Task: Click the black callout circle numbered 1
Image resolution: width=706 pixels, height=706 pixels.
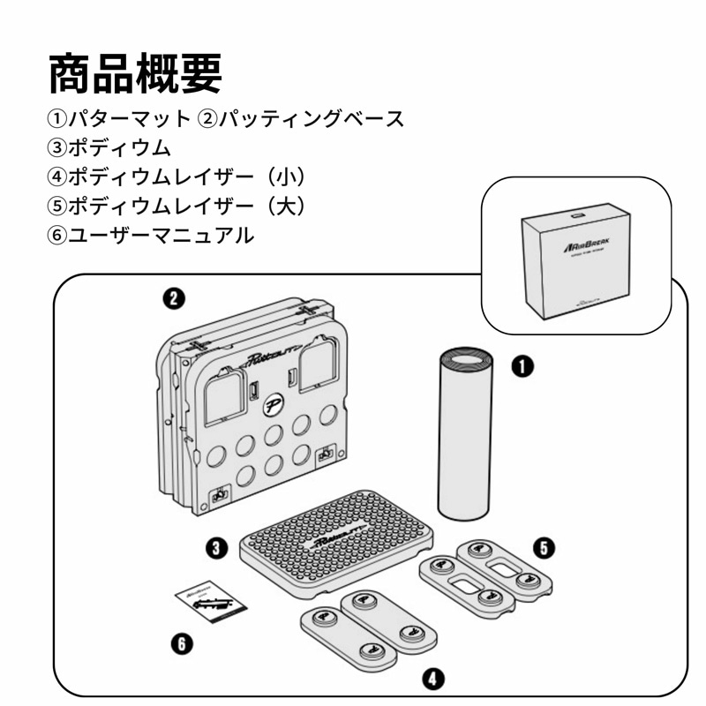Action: (x=524, y=365)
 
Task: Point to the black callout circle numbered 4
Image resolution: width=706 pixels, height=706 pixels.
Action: (x=432, y=678)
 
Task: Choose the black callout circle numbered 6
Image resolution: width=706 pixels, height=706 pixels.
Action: (x=181, y=645)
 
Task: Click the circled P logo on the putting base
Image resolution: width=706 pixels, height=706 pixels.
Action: (x=272, y=408)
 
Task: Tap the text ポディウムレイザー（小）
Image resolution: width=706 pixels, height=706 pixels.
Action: (x=190, y=176)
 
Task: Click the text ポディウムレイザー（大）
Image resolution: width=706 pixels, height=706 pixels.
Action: (x=190, y=206)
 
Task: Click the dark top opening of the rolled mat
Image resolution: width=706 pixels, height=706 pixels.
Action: (x=463, y=357)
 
